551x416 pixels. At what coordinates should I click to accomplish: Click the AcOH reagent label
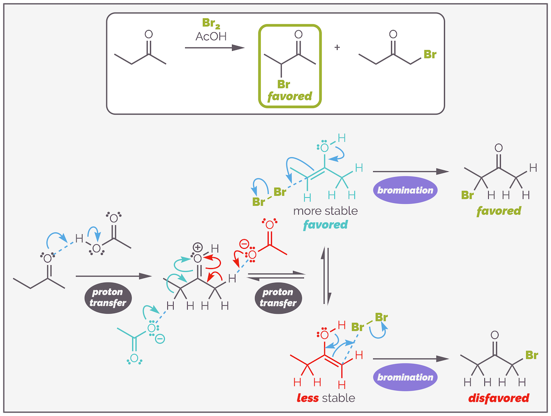211,36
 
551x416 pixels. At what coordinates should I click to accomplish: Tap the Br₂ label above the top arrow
211,23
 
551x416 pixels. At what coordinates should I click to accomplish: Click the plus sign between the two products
337,48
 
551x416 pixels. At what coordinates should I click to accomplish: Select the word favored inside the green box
289,97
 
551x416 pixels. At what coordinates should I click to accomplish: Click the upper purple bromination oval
405,190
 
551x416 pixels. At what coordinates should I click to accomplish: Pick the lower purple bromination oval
405,377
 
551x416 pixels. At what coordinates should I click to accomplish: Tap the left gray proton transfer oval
108,297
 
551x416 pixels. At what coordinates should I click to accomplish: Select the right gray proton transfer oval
278,297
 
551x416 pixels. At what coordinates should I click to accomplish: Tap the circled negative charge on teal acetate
160,338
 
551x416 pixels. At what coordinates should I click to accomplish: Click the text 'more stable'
325,211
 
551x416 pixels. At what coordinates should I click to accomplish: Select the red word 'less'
308,398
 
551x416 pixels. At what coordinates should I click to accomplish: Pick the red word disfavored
498,398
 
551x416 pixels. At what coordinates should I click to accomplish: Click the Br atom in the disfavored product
531,355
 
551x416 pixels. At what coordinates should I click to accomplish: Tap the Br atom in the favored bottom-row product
468,195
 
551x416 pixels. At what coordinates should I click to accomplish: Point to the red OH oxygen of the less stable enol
325,335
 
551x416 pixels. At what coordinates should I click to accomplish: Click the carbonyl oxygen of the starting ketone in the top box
149,34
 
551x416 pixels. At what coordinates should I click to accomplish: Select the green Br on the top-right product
430,55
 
